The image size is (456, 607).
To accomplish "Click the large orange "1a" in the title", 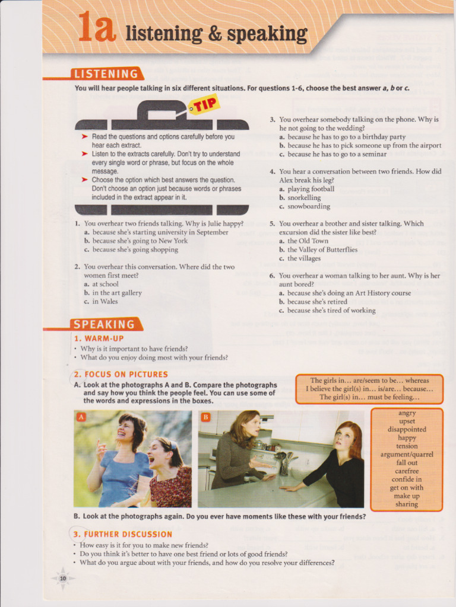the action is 97,27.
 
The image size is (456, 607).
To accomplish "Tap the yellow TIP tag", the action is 204,105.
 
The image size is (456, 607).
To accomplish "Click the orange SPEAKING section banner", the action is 106,324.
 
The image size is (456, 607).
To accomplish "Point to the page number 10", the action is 63,579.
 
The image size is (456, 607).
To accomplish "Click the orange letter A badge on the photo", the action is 81,417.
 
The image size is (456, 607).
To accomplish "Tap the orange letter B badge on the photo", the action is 205,417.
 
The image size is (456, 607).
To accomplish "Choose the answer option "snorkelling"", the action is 304,198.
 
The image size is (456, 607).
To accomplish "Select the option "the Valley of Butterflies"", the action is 322,250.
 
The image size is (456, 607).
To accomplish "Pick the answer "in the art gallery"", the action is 117,293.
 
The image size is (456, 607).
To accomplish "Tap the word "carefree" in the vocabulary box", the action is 407,471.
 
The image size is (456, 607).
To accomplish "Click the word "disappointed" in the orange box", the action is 407,429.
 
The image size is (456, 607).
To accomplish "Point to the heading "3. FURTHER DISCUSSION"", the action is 122,534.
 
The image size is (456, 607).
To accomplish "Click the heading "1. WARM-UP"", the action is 99,338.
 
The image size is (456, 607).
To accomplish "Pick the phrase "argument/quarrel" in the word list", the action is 407,455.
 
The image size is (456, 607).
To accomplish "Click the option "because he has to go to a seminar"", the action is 337,155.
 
